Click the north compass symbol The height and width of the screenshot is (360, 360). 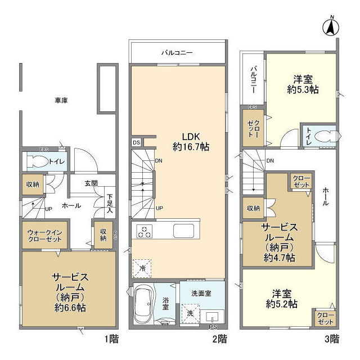332,26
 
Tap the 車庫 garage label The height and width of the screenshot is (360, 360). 62,100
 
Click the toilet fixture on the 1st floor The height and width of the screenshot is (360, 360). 39,162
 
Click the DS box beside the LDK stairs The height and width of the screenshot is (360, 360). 137,142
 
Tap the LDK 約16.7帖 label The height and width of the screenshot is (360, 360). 191,141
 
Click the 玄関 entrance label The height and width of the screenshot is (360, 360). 92,183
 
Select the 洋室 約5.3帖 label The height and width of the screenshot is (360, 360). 303,84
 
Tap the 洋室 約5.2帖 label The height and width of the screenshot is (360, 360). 282,298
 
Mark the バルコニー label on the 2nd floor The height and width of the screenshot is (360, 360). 177,52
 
